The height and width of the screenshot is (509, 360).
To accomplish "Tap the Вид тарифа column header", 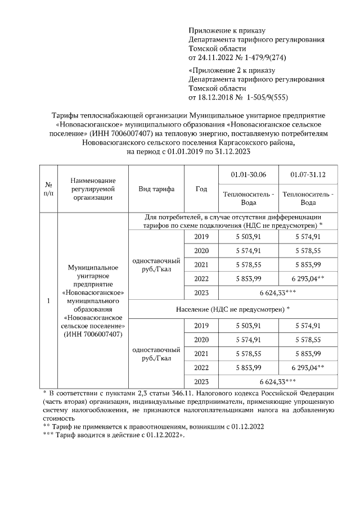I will [x=156, y=189].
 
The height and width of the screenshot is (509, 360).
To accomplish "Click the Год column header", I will [x=201, y=189].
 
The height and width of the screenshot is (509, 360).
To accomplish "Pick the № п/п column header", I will [x=48, y=189].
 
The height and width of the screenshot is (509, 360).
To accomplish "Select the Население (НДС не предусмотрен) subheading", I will [x=233, y=309].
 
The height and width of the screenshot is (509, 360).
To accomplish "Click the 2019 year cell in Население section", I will [x=201, y=326].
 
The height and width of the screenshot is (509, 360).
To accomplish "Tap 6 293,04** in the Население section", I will [x=308, y=368].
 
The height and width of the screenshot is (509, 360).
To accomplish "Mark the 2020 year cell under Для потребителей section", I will [x=201, y=250].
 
